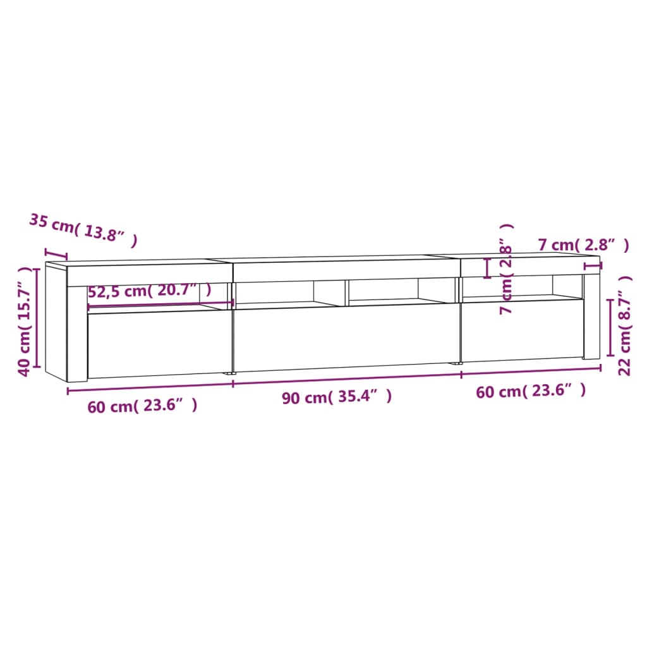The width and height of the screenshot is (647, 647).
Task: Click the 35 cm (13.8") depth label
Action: point(83,230)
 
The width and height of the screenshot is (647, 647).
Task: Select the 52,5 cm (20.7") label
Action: point(149,292)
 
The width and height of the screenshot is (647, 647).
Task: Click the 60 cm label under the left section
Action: point(142,406)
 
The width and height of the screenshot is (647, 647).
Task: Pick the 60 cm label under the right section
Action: point(531,392)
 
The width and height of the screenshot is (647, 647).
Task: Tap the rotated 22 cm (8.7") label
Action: point(625,325)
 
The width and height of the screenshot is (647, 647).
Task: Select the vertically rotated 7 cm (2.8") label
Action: point(505,270)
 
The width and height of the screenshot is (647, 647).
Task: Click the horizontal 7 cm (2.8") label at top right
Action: point(583,245)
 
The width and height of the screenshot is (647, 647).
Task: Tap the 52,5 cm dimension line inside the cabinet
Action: point(160,306)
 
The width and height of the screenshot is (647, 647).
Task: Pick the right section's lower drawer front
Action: point(521,332)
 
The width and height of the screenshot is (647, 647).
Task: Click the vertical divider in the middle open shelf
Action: point(346,292)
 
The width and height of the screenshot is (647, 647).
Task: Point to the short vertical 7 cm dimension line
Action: point(487,268)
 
